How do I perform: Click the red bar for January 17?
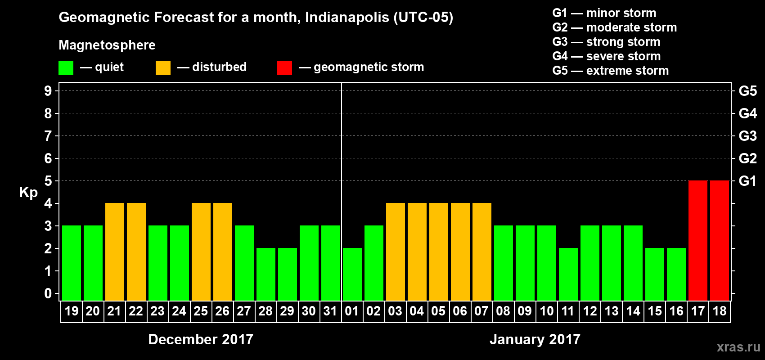coord(698,240)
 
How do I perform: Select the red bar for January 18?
coord(720,240)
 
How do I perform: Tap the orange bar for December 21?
coord(115,252)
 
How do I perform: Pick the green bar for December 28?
coord(266,274)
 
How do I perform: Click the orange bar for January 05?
coord(439,252)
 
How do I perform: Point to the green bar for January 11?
coord(568,274)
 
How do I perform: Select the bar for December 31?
coord(331,263)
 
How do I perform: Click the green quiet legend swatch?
coord(66,68)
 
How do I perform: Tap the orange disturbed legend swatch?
coord(163,68)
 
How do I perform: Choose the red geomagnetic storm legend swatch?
coord(284,68)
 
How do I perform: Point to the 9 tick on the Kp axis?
coord(48,91)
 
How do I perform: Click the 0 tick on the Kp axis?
coord(48,293)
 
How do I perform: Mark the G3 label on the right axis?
coord(747,136)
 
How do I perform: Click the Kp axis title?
coord(28,193)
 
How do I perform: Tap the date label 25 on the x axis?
coord(201,311)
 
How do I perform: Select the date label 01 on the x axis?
coord(352,311)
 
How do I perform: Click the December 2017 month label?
coord(201,339)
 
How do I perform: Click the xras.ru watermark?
coord(738,347)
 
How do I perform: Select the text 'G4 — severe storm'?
coord(607,56)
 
